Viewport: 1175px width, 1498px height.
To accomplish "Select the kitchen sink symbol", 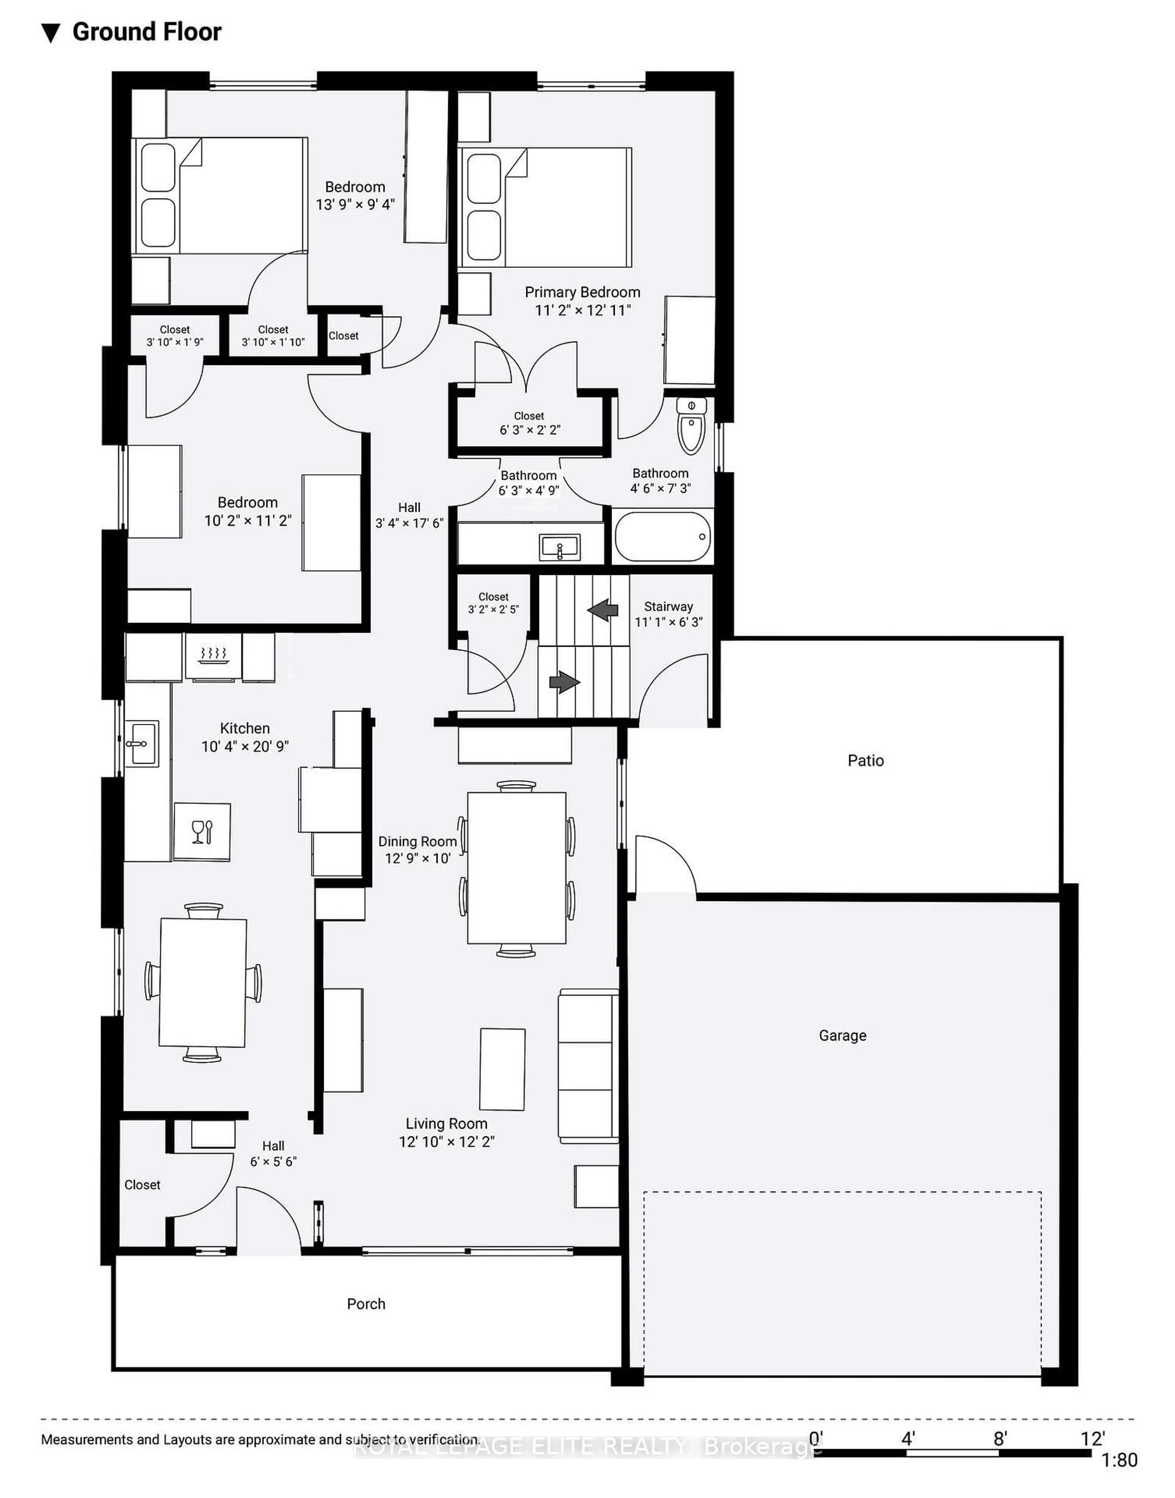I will click(142, 743).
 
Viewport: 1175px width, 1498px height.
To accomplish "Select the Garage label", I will click(842, 1035).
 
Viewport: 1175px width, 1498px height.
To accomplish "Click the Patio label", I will click(865, 760).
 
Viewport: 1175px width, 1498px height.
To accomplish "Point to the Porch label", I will click(366, 1303).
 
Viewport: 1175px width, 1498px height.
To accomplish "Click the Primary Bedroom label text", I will click(582, 292).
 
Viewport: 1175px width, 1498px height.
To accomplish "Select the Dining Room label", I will click(417, 841).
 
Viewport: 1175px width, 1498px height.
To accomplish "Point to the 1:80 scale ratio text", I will click(1119, 1459).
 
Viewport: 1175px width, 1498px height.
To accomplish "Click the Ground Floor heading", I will click(147, 32).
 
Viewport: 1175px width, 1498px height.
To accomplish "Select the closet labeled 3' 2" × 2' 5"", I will click(493, 603).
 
